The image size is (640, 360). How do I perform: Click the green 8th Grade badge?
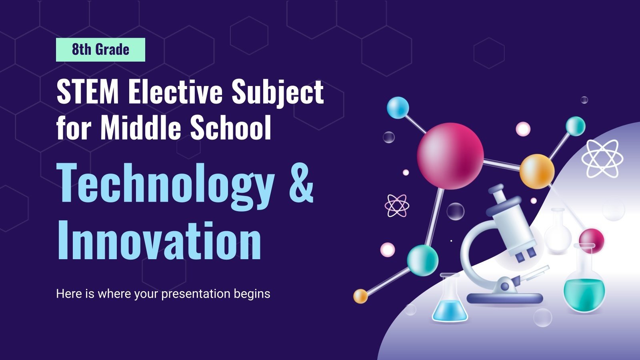coord(100,50)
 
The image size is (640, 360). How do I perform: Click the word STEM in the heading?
coord(88,93)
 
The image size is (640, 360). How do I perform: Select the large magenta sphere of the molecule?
coord(450,155)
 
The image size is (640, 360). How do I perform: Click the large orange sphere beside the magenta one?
coord(537,171)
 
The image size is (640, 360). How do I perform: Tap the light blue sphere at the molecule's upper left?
coord(398,107)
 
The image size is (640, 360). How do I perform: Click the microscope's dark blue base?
coord(505,298)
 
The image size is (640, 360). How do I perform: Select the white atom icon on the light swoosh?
coord(602,158)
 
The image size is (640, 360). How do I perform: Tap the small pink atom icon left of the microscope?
coord(396,205)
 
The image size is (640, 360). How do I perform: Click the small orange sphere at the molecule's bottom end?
coord(360,296)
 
